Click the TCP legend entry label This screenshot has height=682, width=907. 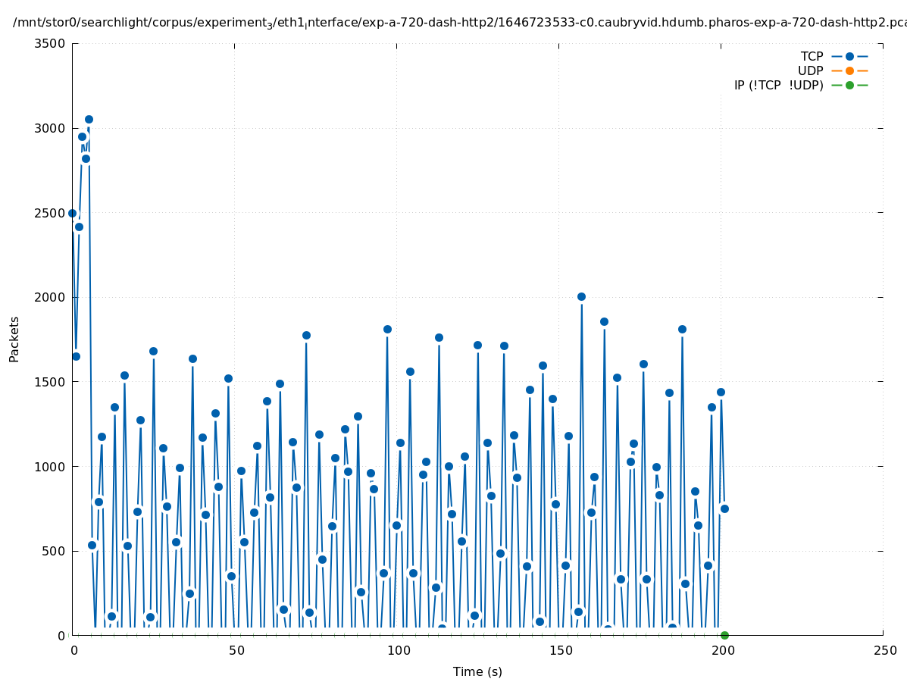[812, 56]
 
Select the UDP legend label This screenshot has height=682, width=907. [810, 70]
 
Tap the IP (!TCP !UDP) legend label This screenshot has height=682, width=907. [778, 85]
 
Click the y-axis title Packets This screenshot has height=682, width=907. [14, 339]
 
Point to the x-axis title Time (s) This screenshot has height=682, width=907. [477, 671]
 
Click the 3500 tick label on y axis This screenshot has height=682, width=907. [50, 43]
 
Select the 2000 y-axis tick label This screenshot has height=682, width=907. [50, 297]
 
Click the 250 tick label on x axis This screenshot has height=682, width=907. [884, 651]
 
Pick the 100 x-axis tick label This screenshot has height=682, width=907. [397, 651]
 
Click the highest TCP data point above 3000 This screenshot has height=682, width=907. [89, 119]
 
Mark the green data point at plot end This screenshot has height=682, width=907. [724, 635]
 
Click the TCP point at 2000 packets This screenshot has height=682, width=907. [581, 296]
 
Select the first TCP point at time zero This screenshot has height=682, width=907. [73, 213]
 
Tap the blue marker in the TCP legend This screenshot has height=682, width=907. [849, 56]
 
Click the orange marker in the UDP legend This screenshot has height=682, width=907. [849, 70]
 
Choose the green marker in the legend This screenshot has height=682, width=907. [849, 85]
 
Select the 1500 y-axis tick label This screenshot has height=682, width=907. [50, 382]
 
